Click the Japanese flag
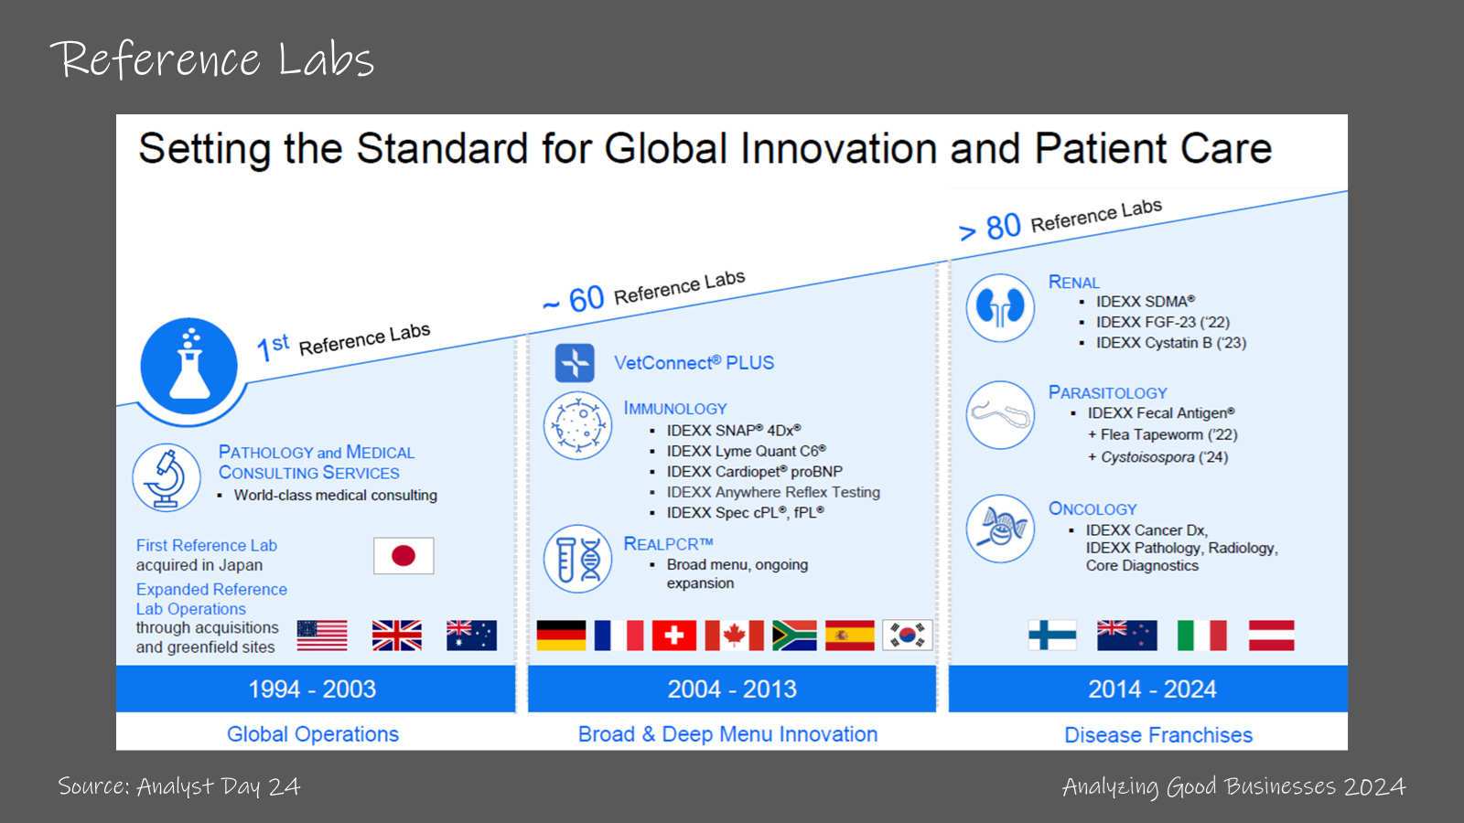[404, 556]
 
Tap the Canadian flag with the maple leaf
[734, 636]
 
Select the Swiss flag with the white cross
[673, 636]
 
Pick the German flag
[561, 636]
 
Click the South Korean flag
[907, 636]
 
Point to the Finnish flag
[1052, 636]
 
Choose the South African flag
[794, 636]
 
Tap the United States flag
[322, 636]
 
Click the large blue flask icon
[188, 366]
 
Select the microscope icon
[166, 477]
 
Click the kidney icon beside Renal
[1000, 307]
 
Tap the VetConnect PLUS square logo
[575, 362]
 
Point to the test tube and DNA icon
[577, 559]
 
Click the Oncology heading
[1093, 508]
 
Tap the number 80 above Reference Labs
[1003, 227]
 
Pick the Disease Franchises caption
[1158, 735]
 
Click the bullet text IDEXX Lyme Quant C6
[747, 451]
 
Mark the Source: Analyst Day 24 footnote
[179, 786]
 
